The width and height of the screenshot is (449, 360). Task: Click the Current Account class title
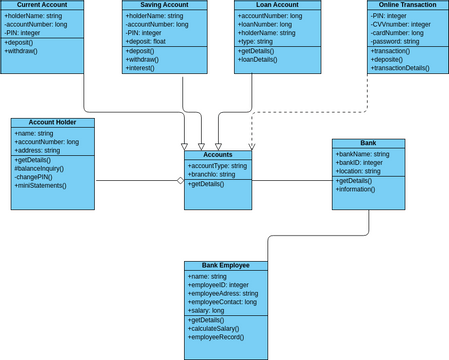42,5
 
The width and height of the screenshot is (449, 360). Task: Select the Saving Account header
165,5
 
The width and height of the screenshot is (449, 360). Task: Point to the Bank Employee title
225,266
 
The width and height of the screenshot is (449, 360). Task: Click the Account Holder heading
52,123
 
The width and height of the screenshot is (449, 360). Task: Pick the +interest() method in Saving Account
148,68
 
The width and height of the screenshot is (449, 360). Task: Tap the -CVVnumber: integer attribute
400,25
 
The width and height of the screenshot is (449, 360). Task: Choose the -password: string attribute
395,42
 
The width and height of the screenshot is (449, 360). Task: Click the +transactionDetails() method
400,68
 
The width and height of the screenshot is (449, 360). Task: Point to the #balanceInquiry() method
40,168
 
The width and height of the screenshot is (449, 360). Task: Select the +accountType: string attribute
217,165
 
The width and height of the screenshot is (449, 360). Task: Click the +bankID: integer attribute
359,163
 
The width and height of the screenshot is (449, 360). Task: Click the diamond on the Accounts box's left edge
181,181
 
